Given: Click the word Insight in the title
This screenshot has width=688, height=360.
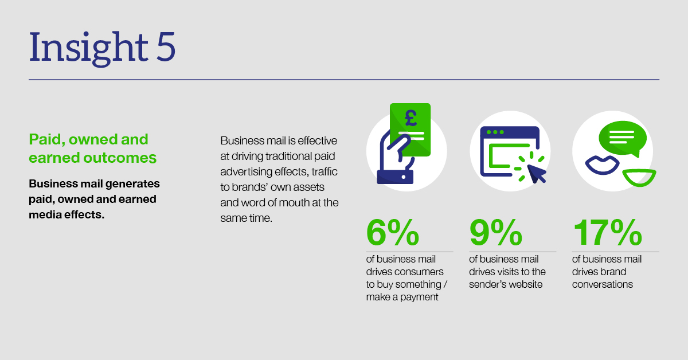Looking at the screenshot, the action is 89,48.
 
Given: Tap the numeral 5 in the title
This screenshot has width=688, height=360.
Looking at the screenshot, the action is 166,46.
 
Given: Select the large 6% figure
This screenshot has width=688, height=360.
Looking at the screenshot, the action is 393,232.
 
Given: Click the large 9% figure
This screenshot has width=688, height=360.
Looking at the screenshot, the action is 496,232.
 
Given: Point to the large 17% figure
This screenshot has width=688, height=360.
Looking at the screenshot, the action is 607,232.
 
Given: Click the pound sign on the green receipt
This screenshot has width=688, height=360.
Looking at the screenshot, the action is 411,118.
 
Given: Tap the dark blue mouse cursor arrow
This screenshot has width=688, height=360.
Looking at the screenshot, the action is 536,174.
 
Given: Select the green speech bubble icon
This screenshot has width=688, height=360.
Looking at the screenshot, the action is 622,139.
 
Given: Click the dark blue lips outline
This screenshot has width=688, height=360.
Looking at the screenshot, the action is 602,165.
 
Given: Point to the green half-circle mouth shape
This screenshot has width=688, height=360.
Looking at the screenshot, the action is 639,178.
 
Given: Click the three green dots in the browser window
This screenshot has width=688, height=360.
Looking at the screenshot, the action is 495,132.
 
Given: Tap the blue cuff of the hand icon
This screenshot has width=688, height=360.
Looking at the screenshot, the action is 395,177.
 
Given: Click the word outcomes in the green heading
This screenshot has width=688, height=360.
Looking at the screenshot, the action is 120,158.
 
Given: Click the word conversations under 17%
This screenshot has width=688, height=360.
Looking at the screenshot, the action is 603,284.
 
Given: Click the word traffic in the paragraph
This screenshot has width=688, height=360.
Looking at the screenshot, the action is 325,171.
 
